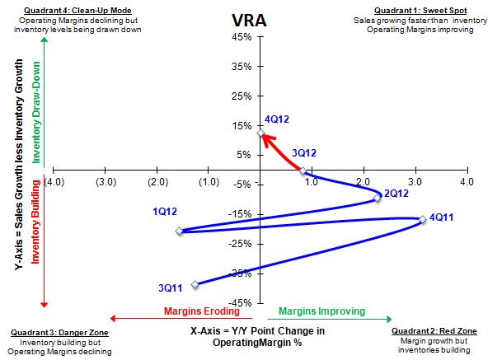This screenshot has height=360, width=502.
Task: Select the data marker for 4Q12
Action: [x=260, y=133]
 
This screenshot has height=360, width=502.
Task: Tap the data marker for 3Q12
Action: [x=303, y=171]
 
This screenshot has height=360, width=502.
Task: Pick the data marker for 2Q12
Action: [x=377, y=198]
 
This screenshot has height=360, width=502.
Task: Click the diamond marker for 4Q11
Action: [x=422, y=219]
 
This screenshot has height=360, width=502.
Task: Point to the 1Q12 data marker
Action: [x=179, y=231]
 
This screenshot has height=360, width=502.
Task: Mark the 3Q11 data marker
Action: [x=195, y=284]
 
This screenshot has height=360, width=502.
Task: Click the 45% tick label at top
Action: [x=241, y=37]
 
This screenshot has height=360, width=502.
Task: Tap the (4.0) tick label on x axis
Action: [x=56, y=181]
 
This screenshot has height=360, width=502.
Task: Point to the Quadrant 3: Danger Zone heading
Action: [x=57, y=332]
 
